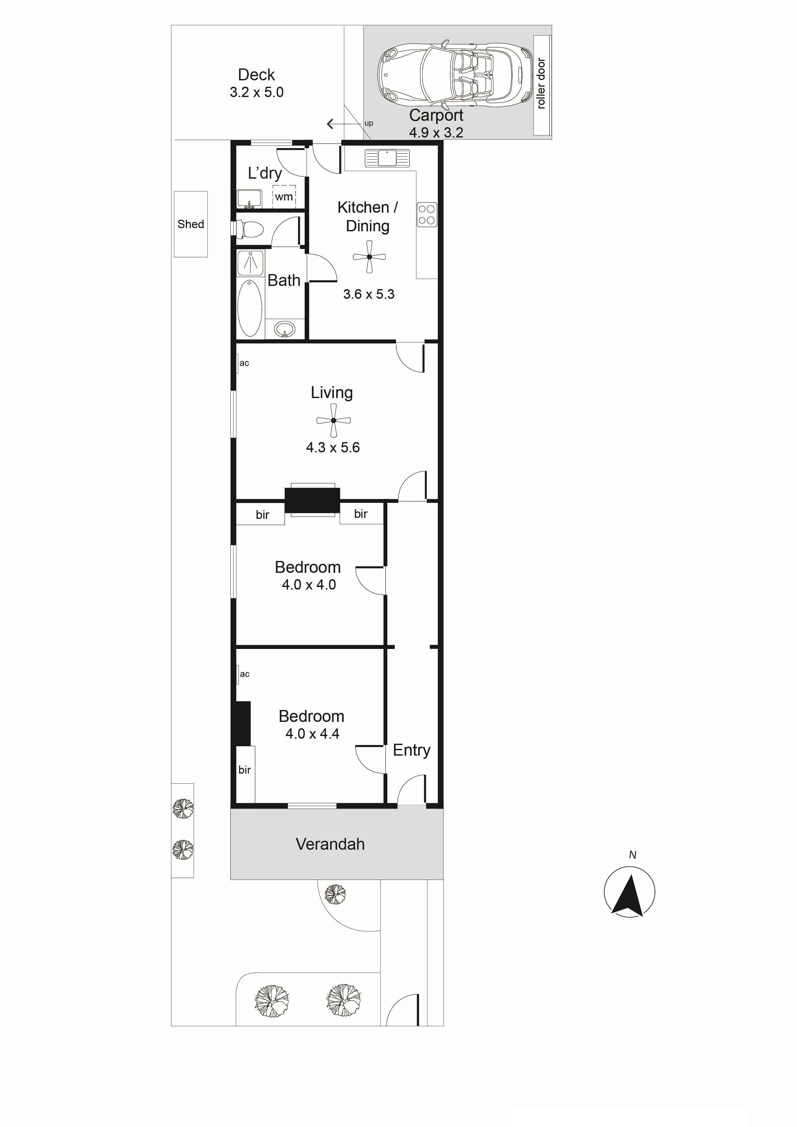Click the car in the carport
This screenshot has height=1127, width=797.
click(455, 75)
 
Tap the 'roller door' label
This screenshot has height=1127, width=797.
click(541, 84)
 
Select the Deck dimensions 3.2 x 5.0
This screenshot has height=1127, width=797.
click(256, 92)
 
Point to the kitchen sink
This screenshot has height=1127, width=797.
click(387, 158)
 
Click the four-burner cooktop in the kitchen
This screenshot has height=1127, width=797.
click(427, 215)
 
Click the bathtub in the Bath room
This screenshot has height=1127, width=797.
click(250, 308)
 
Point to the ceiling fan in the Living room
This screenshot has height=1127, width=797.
click(334, 421)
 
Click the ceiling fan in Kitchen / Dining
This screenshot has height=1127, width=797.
click(369, 256)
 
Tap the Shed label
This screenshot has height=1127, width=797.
click(191, 224)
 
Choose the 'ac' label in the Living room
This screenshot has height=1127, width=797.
click(244, 363)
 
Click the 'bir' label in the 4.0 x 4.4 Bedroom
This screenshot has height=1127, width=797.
click(245, 770)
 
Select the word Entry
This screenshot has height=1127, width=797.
click(411, 750)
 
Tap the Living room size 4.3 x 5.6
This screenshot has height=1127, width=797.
click(333, 447)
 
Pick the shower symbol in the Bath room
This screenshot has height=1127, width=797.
click(250, 262)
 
